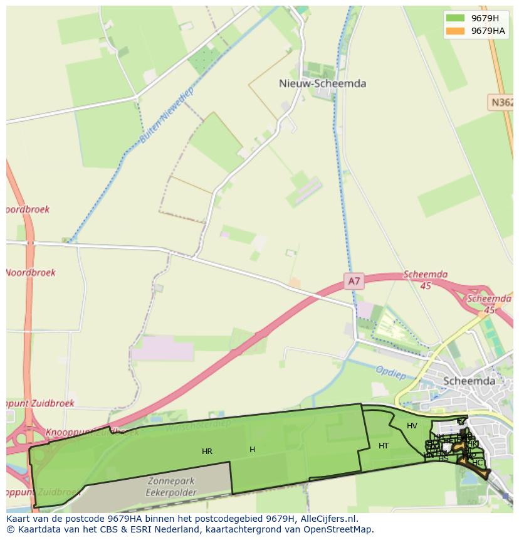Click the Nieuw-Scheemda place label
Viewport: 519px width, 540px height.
(322, 83)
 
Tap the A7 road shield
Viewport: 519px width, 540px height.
(354, 282)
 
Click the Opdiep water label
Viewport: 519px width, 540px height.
(391, 372)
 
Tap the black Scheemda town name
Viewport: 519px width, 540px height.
(469, 381)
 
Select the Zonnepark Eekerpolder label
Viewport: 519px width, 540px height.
(172, 487)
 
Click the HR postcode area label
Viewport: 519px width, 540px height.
(207, 452)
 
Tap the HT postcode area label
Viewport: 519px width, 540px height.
(384, 446)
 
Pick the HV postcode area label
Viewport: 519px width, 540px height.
(412, 426)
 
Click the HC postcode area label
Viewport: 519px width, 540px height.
(478, 463)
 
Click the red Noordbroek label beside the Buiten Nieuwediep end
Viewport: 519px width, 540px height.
(31, 273)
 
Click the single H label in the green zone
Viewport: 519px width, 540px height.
(252, 450)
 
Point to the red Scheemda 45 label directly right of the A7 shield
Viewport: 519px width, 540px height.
(426, 280)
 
